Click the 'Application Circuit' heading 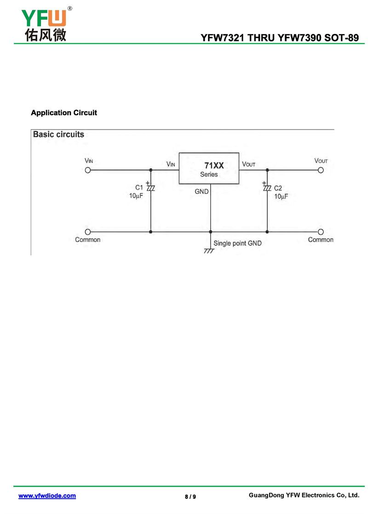[x=64, y=113]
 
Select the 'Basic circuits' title [x=58, y=135]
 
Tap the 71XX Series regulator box [x=209, y=169]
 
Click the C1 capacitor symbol [x=150, y=187]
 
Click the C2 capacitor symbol [x=267, y=187]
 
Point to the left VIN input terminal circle [x=88, y=170]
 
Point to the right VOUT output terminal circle [x=321, y=170]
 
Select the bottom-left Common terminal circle [x=88, y=232]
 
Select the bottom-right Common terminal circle [x=321, y=232]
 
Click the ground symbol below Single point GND [x=209, y=251]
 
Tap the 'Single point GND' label [x=237, y=243]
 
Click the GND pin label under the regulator [x=201, y=192]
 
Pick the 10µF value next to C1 [x=136, y=196]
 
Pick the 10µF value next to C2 [x=281, y=196]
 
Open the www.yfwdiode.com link [x=47, y=496]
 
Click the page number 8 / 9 [x=190, y=497]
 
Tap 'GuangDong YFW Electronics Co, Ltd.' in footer [x=303, y=495]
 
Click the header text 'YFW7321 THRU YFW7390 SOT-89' [x=280, y=38]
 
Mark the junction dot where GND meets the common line [x=210, y=232]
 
